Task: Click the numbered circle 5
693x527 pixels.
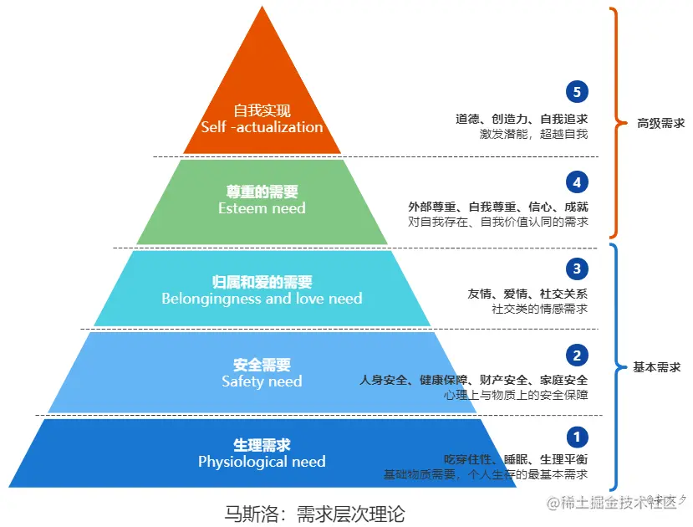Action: click(577, 92)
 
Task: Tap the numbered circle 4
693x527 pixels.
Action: click(577, 182)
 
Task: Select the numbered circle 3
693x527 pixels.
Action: click(577, 269)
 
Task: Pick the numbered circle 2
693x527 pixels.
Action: click(577, 356)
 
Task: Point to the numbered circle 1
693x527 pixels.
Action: click(577, 436)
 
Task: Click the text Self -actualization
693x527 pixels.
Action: click(262, 127)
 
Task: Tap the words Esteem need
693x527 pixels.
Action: click(262, 208)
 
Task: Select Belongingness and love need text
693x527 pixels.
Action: click(262, 298)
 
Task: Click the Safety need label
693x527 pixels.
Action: click(262, 381)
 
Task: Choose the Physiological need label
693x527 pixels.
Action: click(262, 462)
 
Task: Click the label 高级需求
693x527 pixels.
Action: click(660, 123)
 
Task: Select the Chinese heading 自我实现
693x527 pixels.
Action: click(262, 110)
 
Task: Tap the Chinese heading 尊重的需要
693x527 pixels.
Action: click(262, 192)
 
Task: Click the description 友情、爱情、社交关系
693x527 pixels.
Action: click(527, 294)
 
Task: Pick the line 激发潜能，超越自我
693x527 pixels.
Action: click(533, 134)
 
